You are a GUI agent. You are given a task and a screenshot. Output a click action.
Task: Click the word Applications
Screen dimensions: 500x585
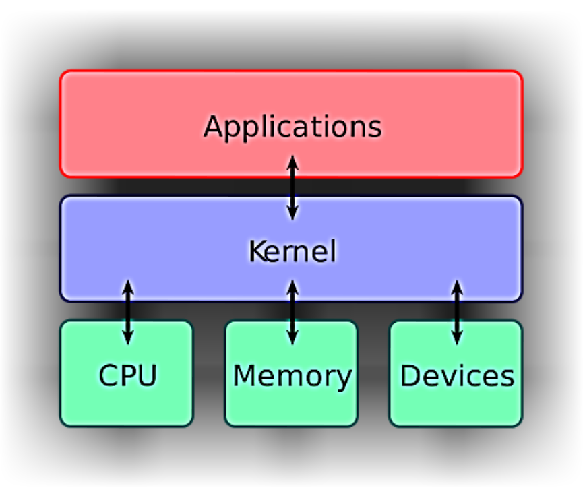point(292,127)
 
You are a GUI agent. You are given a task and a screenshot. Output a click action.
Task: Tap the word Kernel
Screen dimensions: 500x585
point(292,251)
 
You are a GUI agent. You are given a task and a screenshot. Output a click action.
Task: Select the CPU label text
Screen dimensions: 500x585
point(127,375)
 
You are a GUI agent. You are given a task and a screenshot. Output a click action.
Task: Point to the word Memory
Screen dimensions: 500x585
point(292,376)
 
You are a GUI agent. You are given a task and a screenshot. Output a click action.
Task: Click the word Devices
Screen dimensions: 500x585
point(457,376)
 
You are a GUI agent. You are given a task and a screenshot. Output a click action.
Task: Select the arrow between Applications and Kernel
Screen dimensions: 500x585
point(292,187)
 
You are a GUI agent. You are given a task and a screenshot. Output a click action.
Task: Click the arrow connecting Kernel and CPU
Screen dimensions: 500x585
point(127,311)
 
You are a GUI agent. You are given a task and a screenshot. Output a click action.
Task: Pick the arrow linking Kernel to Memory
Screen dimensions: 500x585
point(292,311)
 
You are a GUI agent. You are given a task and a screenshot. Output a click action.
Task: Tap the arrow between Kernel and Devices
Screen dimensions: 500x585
point(457,311)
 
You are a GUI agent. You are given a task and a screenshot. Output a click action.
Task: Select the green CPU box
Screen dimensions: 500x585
point(88,404)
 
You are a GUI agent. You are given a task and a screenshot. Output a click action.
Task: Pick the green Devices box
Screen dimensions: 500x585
point(418,408)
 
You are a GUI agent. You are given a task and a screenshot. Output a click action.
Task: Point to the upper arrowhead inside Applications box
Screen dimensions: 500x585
point(292,162)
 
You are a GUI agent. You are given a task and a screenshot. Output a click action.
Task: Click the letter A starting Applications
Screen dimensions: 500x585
point(214,126)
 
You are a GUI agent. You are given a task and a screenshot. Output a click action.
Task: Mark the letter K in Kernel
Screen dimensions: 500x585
point(255,251)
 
